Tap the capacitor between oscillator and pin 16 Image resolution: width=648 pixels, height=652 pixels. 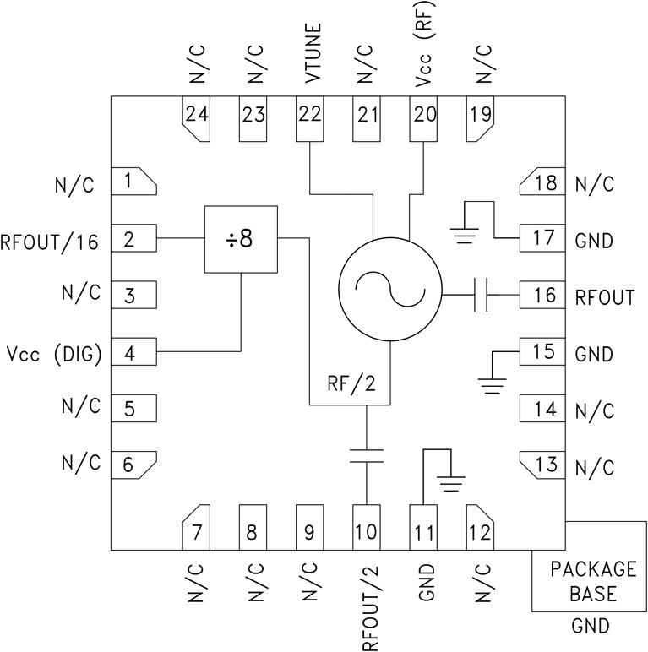482,295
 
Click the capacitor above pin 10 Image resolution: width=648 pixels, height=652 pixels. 367,457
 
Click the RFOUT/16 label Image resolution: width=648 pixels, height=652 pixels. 51,242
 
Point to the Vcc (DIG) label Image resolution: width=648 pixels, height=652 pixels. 53,354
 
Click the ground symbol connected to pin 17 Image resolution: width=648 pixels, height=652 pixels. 466,234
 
